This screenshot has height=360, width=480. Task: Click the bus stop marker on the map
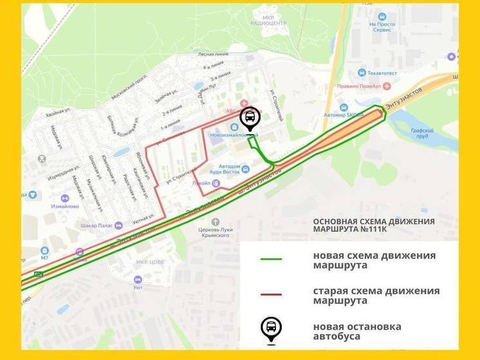[x=250, y=118]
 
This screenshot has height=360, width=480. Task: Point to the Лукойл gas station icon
[x=216, y=183]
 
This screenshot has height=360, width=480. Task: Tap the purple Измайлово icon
[x=65, y=198]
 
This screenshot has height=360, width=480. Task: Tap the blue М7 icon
[x=44, y=251]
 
